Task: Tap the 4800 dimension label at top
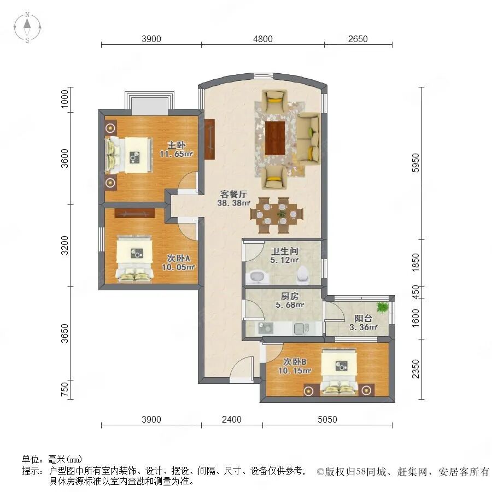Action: [262, 39]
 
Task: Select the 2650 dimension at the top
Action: [358, 39]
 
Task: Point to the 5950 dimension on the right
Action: [415, 162]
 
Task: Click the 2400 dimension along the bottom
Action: [232, 419]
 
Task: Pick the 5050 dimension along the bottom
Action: [327, 419]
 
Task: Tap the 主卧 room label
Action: [177, 145]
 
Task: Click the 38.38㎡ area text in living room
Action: [234, 203]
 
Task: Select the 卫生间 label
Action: [285, 251]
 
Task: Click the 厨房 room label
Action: [290, 296]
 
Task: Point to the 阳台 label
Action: [364, 318]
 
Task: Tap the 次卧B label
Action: [295, 361]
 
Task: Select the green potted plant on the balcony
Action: [383, 307]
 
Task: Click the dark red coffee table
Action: [275, 138]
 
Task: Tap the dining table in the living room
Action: [277, 215]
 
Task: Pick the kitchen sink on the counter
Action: [266, 328]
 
